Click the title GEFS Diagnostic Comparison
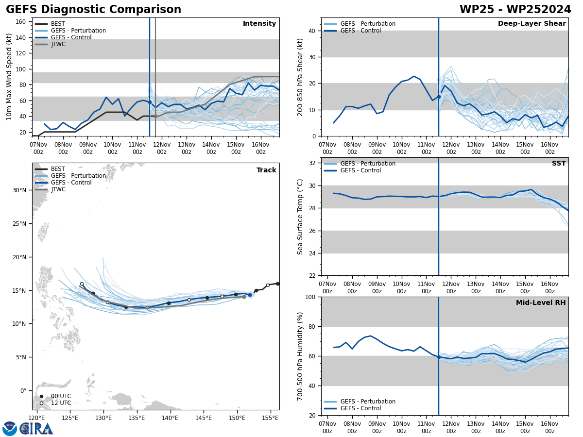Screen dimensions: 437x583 (93, 10)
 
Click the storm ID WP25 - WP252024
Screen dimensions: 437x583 (515, 10)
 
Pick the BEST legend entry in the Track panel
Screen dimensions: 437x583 (58, 169)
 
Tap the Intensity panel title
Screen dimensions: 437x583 (259, 24)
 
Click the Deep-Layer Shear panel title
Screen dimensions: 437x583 (532, 24)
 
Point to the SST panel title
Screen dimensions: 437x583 (559, 164)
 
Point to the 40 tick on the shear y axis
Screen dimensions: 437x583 (311, 31)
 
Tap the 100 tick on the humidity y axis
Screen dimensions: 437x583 (309, 297)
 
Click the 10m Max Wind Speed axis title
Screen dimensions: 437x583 (9, 77)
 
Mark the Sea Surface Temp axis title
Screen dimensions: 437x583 (300, 217)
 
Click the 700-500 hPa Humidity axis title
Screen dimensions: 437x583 (300, 356)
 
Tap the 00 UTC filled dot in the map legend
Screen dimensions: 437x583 (41, 396)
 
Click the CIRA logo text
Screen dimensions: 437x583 (36, 428)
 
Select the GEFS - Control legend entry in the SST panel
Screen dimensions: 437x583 (360, 170)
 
